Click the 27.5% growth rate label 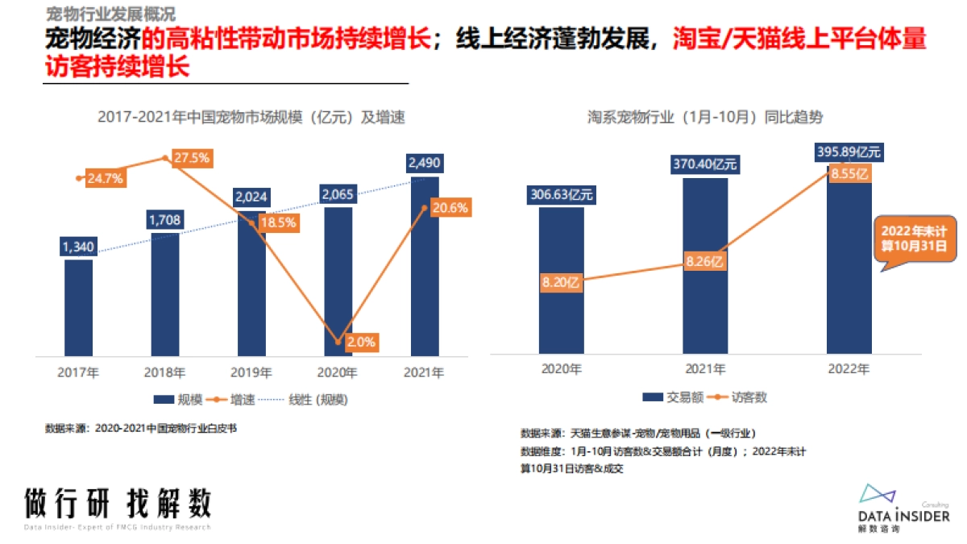pos(191,158)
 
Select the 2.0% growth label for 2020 pos(360,342)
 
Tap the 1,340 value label pos(78,246)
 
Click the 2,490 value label pos(424,164)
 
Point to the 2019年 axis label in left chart pos(251,373)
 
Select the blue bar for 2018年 pos(165,294)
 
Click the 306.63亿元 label pos(561,194)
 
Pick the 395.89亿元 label pos(849,152)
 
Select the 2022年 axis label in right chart pos(849,368)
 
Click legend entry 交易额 pos(664,397)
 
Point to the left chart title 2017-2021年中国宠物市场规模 pos(251,117)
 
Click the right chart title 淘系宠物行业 pos(705,117)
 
